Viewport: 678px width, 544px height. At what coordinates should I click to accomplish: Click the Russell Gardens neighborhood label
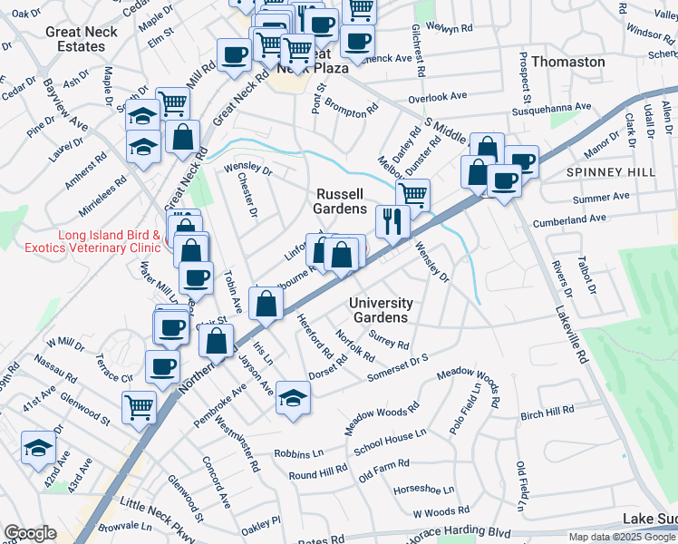click(x=340, y=201)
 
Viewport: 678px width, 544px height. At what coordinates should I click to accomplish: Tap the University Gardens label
click(x=381, y=310)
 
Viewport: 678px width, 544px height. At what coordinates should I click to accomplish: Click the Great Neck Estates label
click(x=75, y=38)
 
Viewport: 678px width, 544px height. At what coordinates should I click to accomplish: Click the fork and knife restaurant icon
click(x=392, y=220)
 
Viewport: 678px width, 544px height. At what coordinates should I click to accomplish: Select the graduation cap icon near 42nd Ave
click(x=38, y=448)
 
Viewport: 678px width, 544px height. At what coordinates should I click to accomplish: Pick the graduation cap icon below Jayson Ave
click(x=292, y=396)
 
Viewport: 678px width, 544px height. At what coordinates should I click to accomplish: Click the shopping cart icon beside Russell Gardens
click(x=412, y=193)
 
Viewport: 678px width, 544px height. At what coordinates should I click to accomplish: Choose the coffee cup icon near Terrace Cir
click(x=162, y=367)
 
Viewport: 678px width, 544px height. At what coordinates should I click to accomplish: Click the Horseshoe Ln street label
click(x=417, y=490)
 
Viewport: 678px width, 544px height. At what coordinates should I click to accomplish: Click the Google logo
click(x=30, y=533)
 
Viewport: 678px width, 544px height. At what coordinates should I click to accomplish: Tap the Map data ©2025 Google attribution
click(x=623, y=537)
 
